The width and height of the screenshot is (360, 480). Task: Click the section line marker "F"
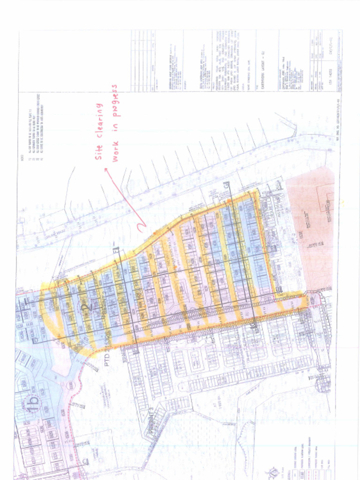point(116,250)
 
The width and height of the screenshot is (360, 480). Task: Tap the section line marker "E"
point(28,300)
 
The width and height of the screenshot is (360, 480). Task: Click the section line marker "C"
point(85,462)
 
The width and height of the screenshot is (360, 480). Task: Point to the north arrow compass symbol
point(273,471)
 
